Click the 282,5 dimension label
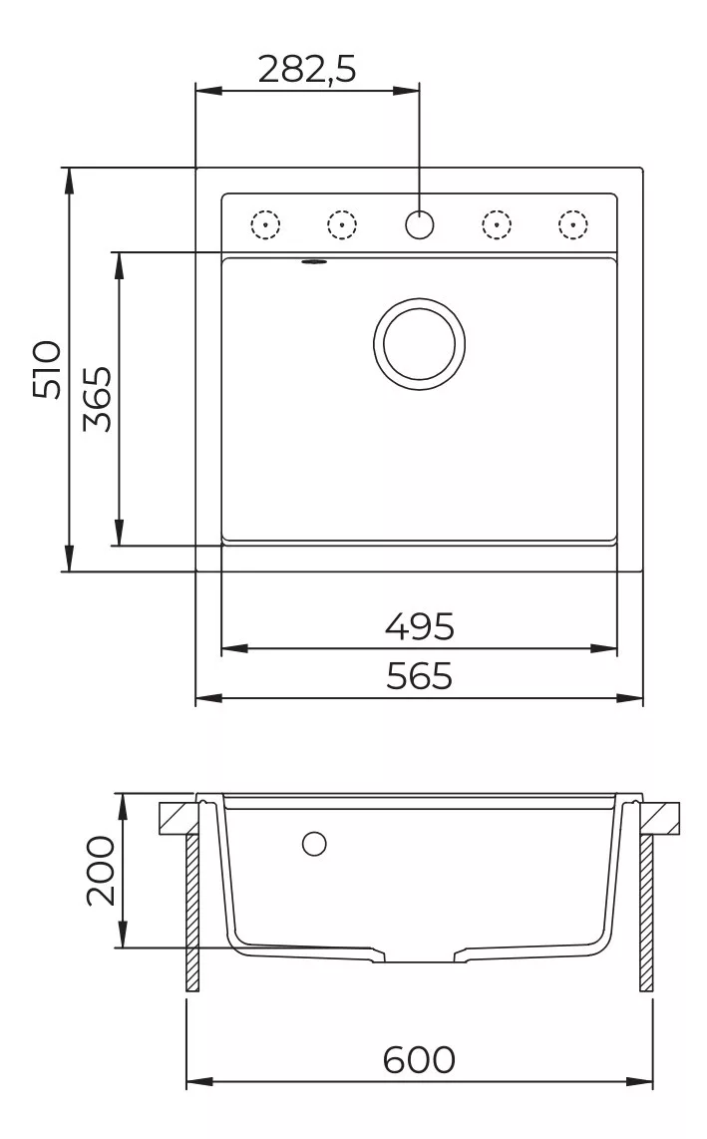(307, 70)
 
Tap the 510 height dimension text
(48, 369)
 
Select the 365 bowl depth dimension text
(98, 399)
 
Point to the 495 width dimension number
(419, 626)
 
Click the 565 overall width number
(419, 675)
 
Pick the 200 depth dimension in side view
(101, 871)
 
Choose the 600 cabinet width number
(419, 1059)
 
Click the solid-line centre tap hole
(419, 224)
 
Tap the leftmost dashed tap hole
(265, 224)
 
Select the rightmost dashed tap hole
(573, 224)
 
